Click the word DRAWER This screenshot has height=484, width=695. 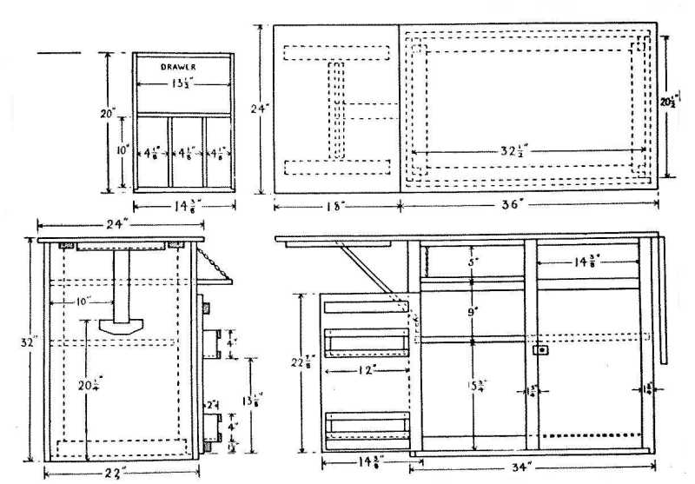coord(182,66)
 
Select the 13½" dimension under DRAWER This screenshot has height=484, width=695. coord(182,84)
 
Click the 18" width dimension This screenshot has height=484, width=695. coord(336,206)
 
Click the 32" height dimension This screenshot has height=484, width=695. coord(30,342)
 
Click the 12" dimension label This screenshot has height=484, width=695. coord(363,369)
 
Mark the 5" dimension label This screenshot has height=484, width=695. coord(471,260)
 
